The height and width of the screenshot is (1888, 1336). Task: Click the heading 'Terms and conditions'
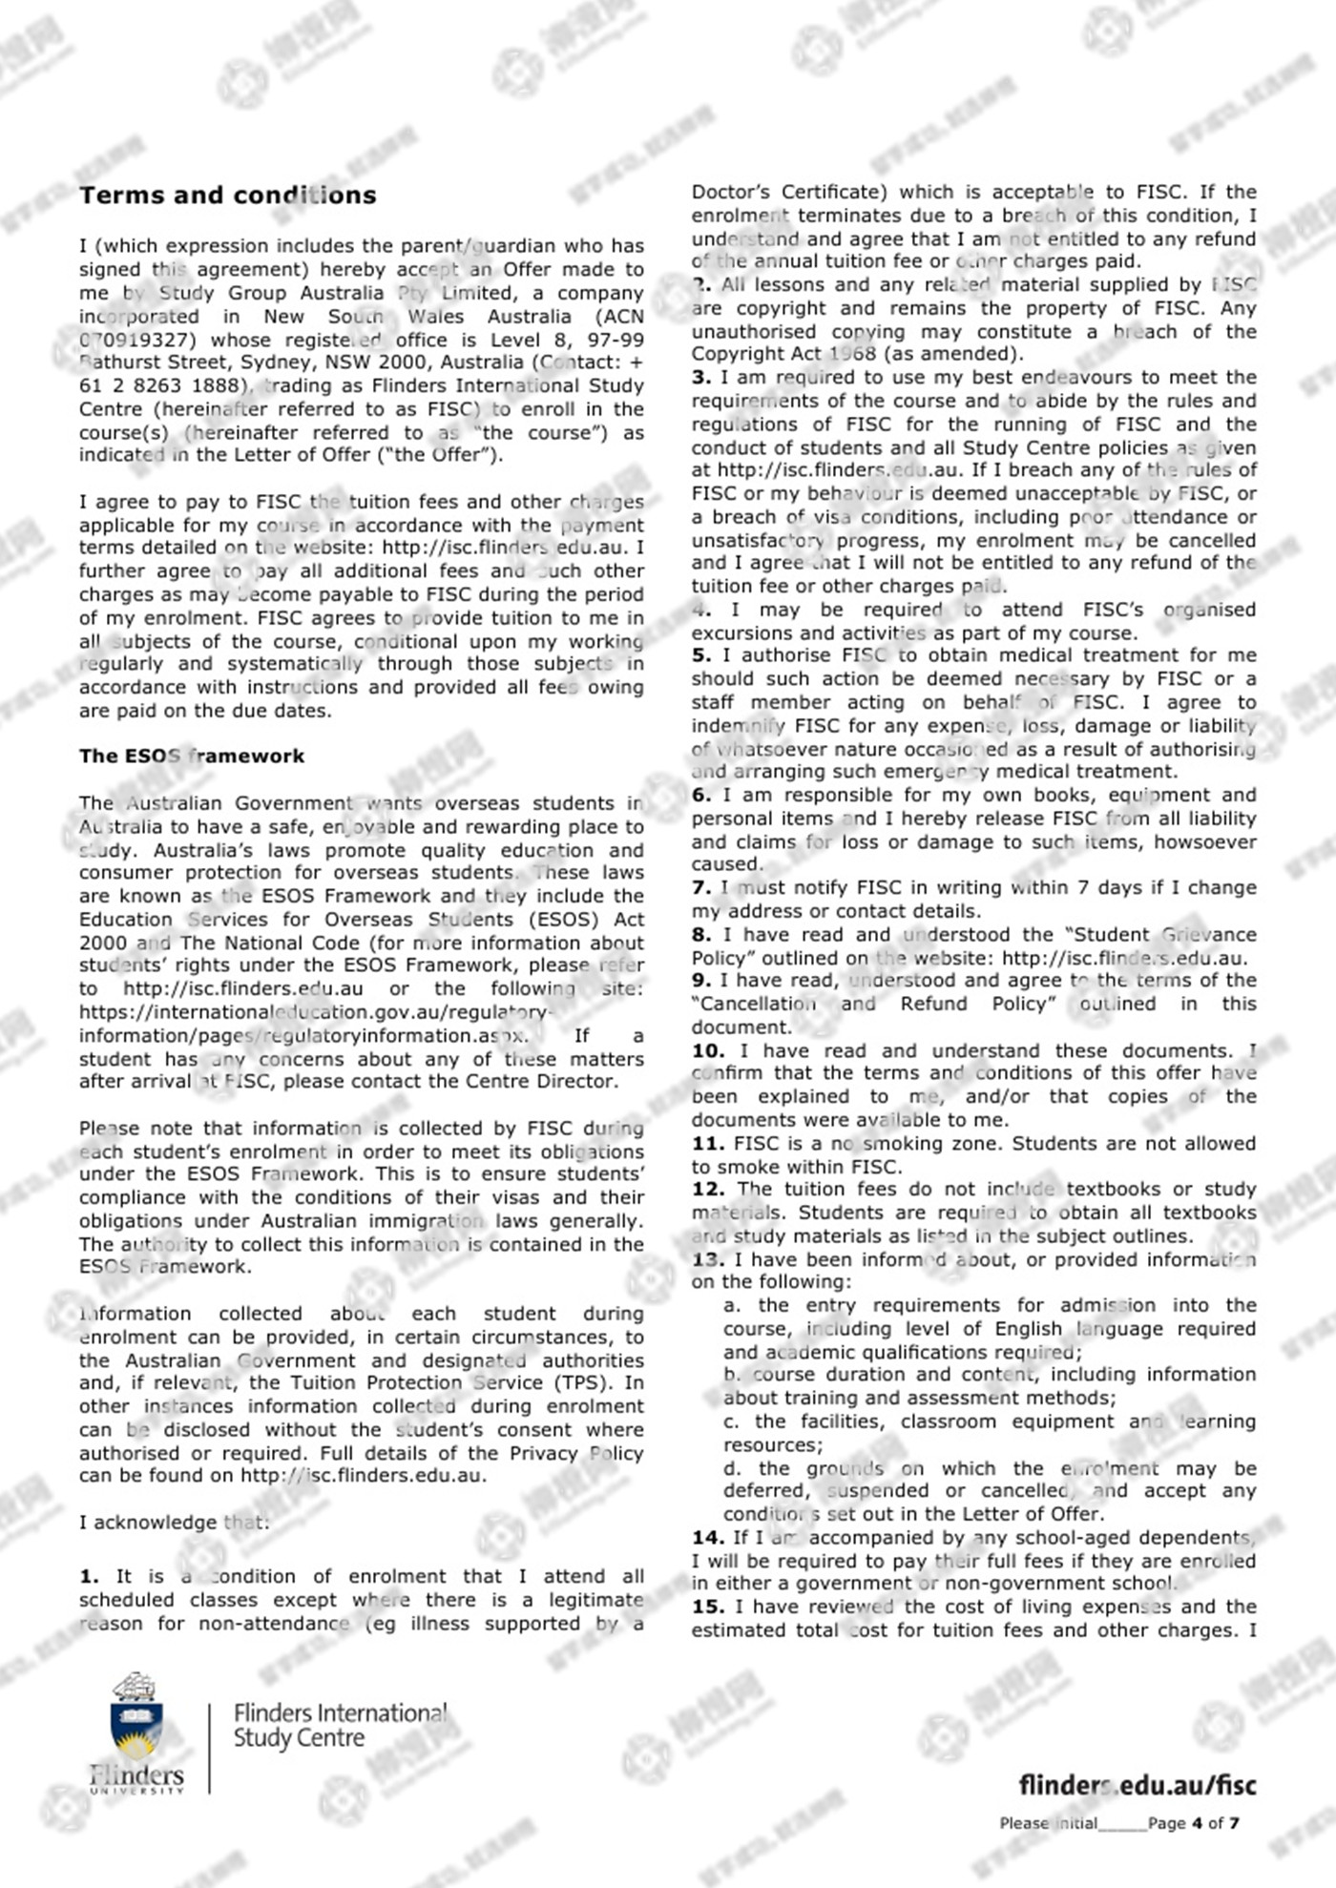point(227,196)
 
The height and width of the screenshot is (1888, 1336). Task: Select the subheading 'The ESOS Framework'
point(191,756)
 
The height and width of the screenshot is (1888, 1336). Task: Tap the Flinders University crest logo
point(136,1732)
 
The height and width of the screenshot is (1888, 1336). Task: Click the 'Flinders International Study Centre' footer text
point(339,1726)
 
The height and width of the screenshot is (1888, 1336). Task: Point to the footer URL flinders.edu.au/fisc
point(1137,1785)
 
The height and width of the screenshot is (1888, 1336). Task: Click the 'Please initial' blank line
point(1121,1824)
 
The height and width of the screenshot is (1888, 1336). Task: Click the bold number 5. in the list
point(701,655)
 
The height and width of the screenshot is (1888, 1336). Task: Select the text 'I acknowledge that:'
point(175,1523)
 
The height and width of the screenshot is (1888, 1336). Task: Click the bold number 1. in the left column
point(89,1577)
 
